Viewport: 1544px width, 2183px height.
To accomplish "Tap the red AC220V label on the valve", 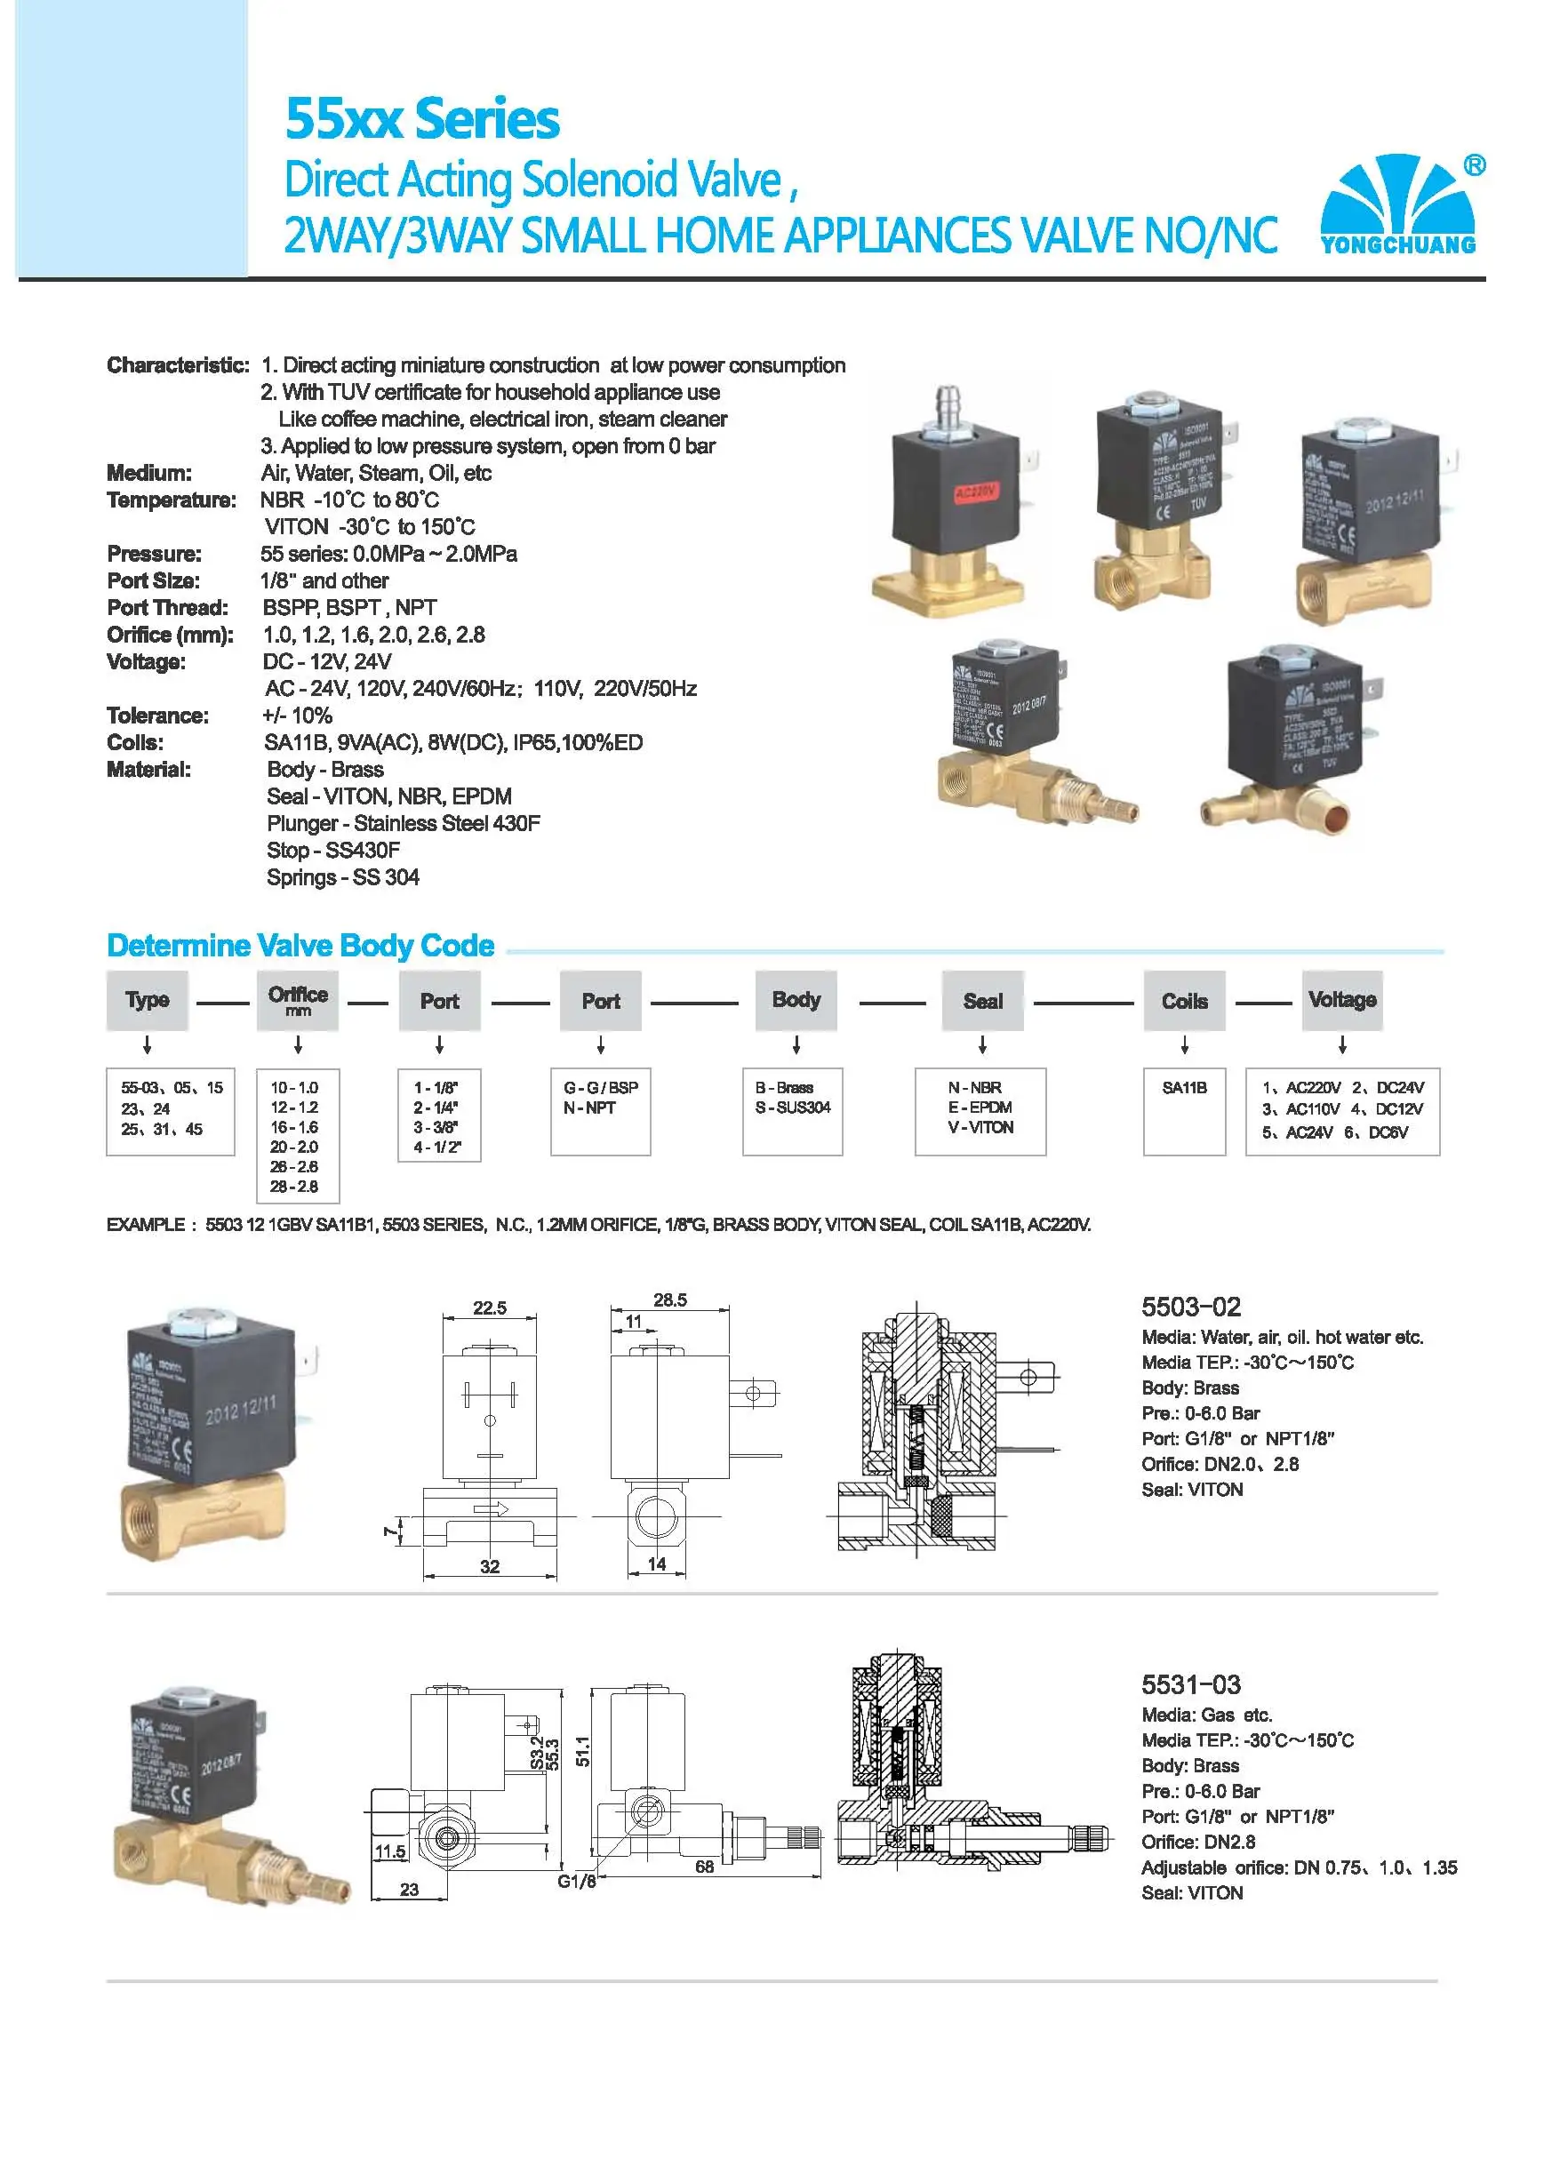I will [x=975, y=492].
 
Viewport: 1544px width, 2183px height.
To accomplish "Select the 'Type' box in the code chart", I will [x=147, y=999].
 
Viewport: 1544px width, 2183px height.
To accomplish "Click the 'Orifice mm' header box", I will [x=298, y=999].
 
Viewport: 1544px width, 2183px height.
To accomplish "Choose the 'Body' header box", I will [x=796, y=999].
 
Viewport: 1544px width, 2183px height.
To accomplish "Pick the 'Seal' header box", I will [x=982, y=1000].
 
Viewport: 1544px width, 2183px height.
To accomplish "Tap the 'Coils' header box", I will [x=1184, y=1000].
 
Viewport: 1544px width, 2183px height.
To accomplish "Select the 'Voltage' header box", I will [x=1341, y=999].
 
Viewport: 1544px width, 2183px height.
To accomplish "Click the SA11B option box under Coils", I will [x=1184, y=1110].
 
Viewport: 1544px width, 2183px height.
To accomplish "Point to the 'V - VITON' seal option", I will [x=980, y=1127].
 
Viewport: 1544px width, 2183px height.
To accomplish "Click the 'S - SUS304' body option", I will [x=792, y=1107].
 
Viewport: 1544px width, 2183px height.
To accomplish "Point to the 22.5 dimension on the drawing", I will [x=490, y=1307].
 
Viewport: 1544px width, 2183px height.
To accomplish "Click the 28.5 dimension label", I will [x=669, y=1299].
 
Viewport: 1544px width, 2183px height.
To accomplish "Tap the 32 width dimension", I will [x=490, y=1566].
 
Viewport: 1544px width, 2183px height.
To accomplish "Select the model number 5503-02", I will [x=1190, y=1307].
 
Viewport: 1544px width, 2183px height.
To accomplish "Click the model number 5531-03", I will [x=1190, y=1684].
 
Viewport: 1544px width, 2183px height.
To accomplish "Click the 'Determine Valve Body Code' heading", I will [x=300, y=945].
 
